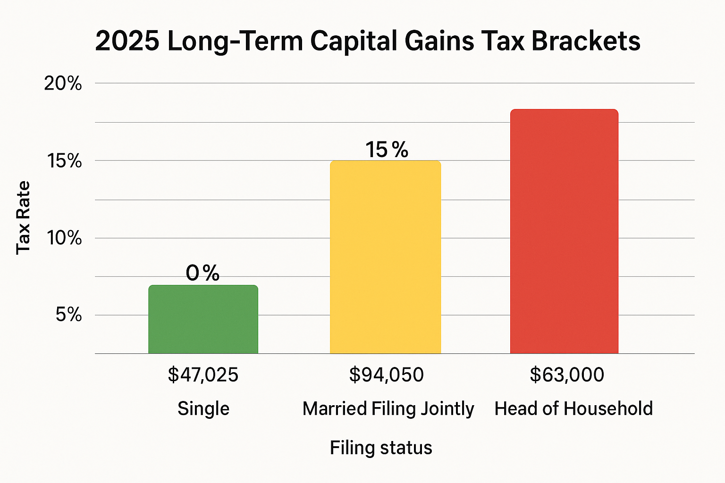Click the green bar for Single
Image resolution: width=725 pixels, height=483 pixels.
[203, 319]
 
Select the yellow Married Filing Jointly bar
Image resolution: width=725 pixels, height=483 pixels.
[385, 257]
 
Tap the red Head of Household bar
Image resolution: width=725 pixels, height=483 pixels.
[564, 231]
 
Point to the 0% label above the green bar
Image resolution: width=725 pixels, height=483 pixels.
[202, 273]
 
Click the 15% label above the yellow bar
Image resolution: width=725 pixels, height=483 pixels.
[387, 150]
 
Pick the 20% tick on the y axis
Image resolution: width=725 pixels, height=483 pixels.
[63, 83]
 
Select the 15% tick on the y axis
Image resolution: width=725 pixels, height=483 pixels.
[64, 161]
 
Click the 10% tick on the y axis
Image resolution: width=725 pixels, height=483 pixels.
[64, 238]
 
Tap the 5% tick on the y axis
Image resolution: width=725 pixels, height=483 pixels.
[68, 315]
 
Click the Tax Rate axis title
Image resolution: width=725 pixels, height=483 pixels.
[23, 217]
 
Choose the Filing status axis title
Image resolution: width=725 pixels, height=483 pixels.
[381, 448]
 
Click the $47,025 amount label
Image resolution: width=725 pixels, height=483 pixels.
[203, 375]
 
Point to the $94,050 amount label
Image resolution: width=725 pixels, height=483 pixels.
[386, 375]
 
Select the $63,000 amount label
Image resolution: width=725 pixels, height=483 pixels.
[567, 375]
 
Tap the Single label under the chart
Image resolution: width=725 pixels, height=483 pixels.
[203, 408]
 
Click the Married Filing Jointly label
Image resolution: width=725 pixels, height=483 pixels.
[388, 409]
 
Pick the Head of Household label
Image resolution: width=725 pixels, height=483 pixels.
[573, 408]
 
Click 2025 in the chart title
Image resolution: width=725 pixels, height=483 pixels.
[126, 41]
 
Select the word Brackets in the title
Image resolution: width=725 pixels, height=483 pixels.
[586, 41]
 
